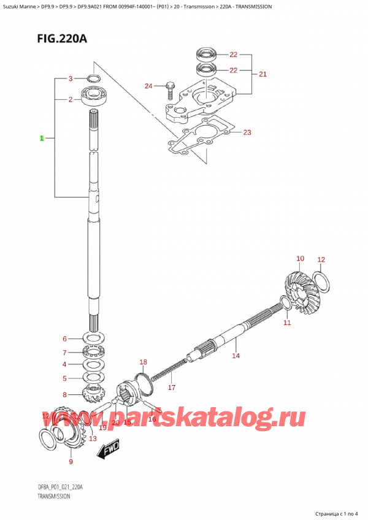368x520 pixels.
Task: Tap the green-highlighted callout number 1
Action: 42,139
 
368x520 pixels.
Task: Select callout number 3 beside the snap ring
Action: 71,78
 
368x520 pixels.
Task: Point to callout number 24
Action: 148,86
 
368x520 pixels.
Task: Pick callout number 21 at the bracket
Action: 263,75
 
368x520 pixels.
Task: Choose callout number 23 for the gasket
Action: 247,132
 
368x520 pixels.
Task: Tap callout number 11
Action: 286,323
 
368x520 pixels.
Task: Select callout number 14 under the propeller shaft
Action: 236,356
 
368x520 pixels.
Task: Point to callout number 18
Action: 143,362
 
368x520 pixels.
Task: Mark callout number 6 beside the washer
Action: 64,339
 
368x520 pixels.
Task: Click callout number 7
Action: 64,353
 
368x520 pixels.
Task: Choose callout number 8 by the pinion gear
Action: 64,394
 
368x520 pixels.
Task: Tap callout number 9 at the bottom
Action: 71,462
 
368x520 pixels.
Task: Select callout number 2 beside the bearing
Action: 71,99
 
